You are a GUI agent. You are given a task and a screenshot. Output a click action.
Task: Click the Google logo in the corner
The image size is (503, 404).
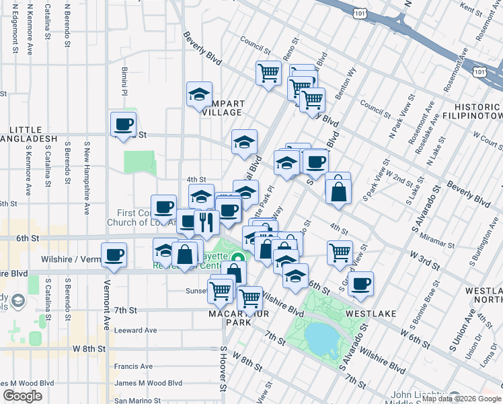23,396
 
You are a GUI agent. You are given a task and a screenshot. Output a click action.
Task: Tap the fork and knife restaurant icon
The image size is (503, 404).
206,222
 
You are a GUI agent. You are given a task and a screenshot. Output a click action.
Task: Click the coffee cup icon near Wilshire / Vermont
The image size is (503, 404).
114,255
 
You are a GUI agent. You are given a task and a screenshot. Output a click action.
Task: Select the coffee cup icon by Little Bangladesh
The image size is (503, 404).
124,124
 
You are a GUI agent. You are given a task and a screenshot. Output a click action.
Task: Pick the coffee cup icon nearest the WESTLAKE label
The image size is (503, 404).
361,283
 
